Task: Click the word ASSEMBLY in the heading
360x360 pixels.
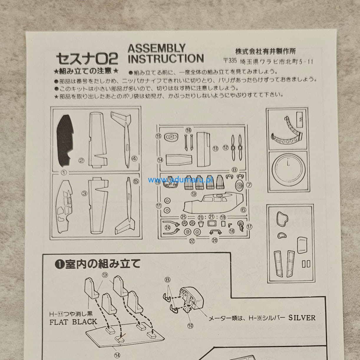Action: click(x=156, y=48)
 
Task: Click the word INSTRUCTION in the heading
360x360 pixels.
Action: click(x=166, y=59)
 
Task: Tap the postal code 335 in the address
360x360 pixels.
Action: click(x=232, y=61)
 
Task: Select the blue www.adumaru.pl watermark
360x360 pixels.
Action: click(x=180, y=180)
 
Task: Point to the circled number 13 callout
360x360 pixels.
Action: click(x=216, y=149)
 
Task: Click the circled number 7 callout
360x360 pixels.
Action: click(x=249, y=185)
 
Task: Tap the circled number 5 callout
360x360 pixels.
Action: click(x=136, y=181)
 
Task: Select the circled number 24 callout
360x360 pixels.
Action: click(x=168, y=228)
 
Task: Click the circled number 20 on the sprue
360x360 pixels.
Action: click(x=215, y=240)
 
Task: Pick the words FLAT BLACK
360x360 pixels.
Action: click(x=73, y=322)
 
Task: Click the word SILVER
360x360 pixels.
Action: click(x=302, y=318)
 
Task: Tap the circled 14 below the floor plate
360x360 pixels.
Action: click(x=117, y=355)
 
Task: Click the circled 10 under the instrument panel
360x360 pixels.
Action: click(x=190, y=326)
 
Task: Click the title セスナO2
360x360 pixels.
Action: click(x=87, y=58)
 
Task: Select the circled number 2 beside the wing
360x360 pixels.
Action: click(x=81, y=161)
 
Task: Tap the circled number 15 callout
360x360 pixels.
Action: click(x=158, y=136)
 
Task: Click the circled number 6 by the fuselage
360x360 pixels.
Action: click(x=243, y=210)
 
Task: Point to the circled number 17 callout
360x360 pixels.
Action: click(x=250, y=227)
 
